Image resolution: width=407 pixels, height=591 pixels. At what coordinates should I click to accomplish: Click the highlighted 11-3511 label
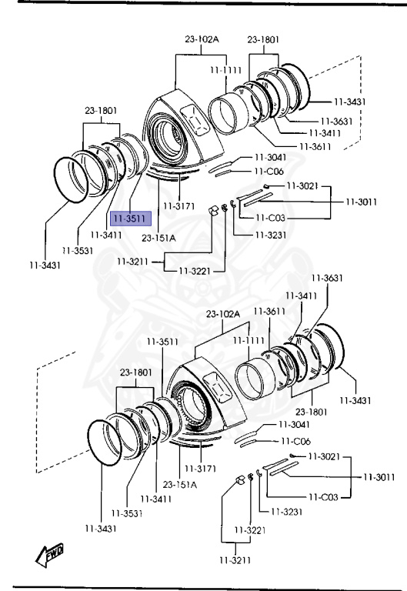tap(130, 219)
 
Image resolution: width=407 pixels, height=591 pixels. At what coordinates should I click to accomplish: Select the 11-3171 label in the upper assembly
tap(179, 206)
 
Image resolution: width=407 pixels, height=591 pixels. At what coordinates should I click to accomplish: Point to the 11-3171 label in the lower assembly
tap(200, 469)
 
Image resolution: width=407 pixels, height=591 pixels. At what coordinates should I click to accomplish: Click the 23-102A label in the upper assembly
tap(202, 38)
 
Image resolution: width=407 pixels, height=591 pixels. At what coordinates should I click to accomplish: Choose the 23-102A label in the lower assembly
tap(223, 314)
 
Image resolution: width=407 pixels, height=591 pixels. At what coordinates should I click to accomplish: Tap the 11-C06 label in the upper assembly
tap(269, 171)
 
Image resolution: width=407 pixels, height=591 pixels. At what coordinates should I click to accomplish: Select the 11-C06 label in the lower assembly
tap(296, 441)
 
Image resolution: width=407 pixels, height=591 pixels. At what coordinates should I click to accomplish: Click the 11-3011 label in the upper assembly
tap(362, 202)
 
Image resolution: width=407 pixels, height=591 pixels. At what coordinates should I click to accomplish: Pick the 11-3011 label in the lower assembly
tap(379, 477)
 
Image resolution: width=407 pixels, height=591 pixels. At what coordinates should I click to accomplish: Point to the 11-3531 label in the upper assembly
tap(78, 250)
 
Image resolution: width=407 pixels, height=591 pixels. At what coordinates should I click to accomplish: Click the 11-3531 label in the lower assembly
tap(127, 513)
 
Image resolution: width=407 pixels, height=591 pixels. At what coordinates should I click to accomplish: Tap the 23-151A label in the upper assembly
tap(158, 239)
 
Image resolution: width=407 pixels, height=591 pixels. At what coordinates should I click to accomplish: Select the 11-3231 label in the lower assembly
tap(287, 512)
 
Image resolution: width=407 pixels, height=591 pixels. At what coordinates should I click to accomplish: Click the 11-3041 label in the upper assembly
tap(271, 157)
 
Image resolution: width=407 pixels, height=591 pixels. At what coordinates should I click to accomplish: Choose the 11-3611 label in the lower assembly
tap(269, 312)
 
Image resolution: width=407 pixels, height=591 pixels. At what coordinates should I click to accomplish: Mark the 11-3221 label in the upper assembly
tap(195, 271)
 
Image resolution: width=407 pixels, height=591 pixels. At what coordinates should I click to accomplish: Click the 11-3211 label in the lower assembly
tap(235, 560)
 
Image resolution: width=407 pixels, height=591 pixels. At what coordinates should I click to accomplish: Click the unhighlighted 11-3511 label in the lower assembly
tap(162, 342)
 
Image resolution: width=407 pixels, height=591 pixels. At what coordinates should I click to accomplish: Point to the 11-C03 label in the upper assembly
tap(270, 218)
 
